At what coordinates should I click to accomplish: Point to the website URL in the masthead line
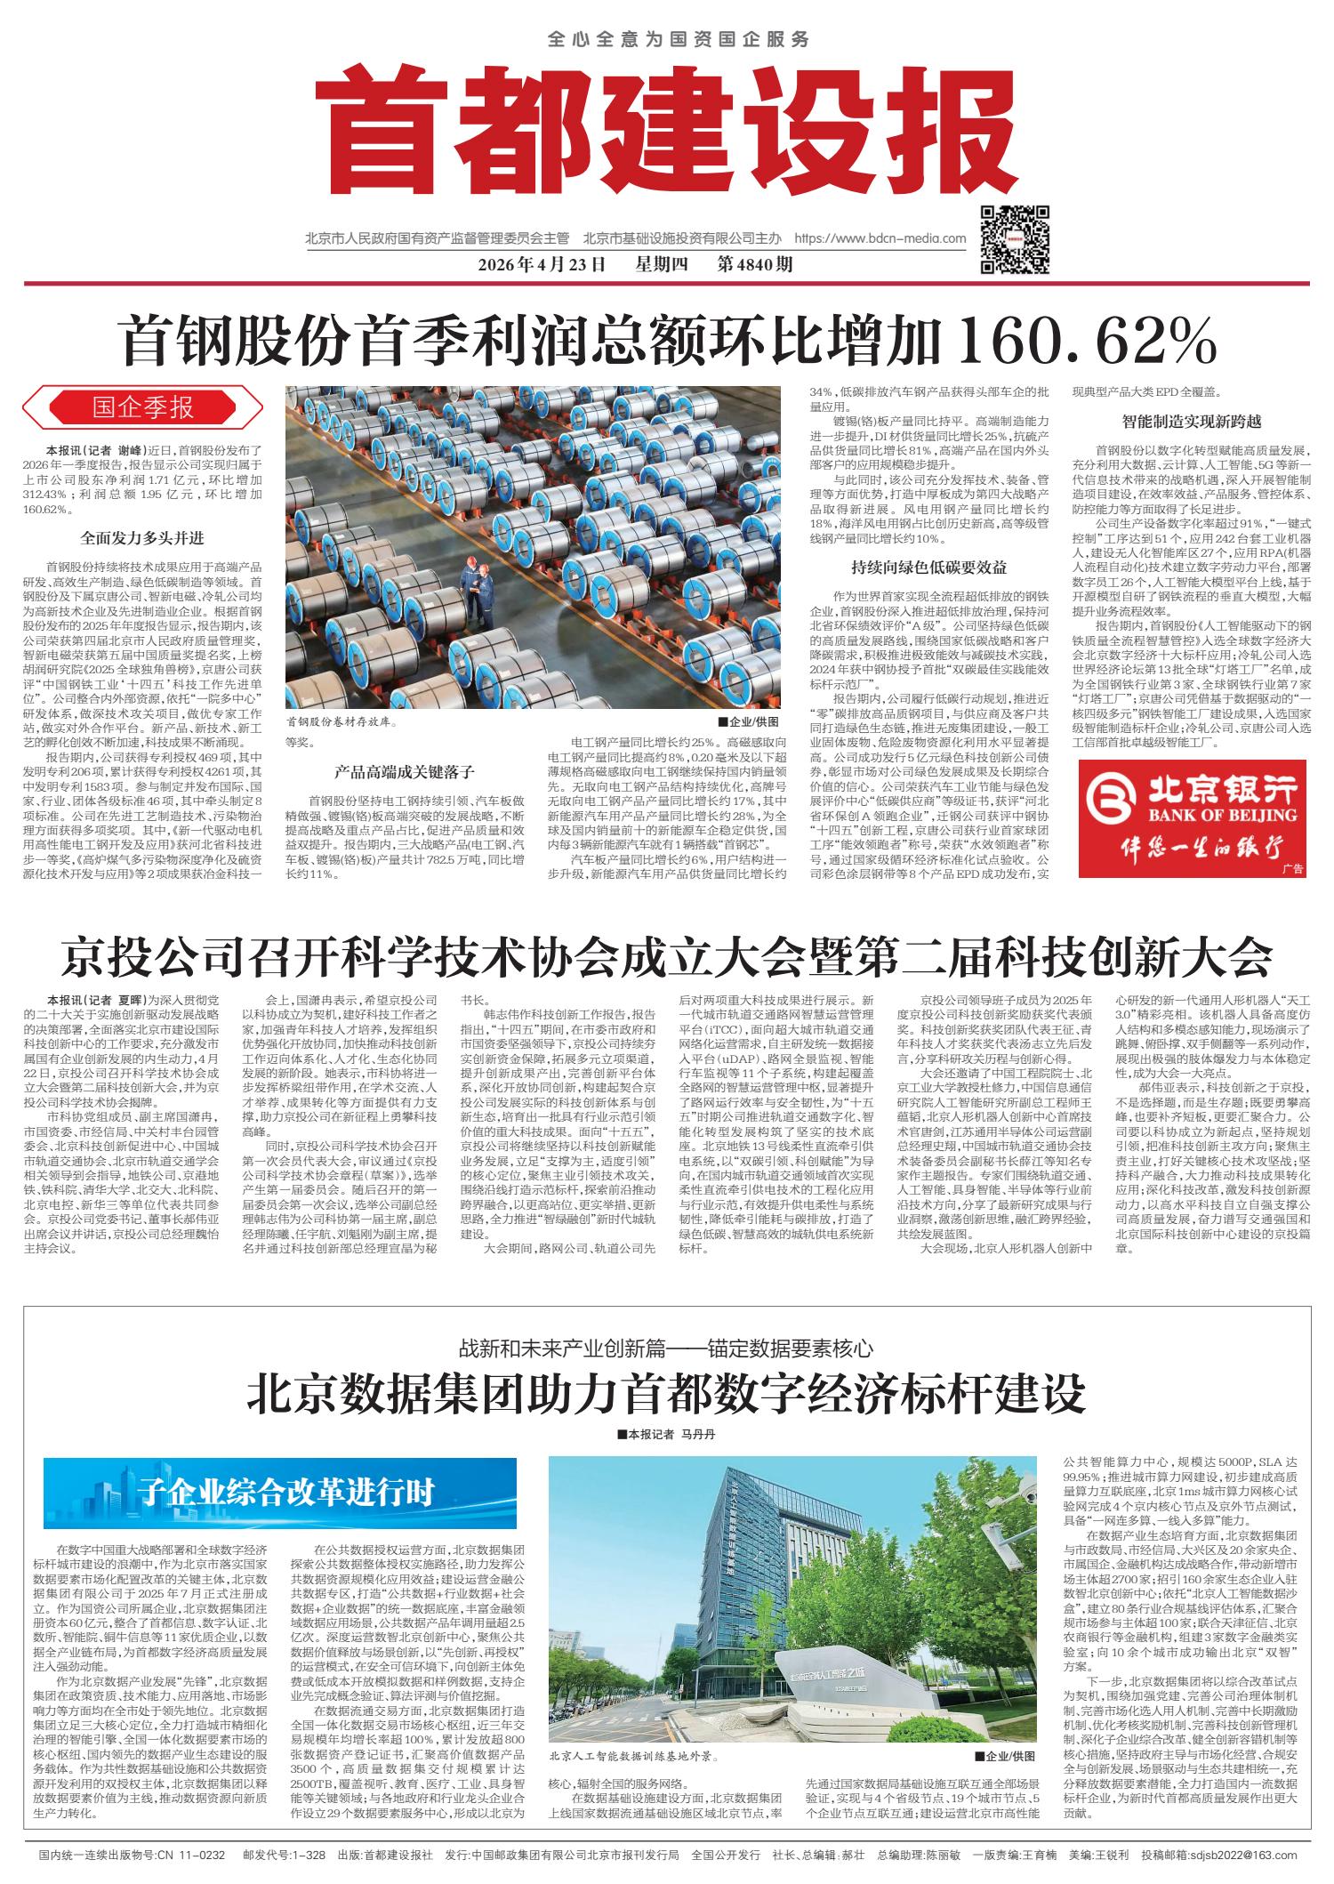click(x=879, y=238)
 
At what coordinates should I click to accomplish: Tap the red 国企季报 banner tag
click(x=143, y=408)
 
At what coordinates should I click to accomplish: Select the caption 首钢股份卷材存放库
click(x=339, y=725)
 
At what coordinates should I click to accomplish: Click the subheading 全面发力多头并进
click(x=142, y=538)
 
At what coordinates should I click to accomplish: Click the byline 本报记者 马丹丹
click(x=666, y=1436)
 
